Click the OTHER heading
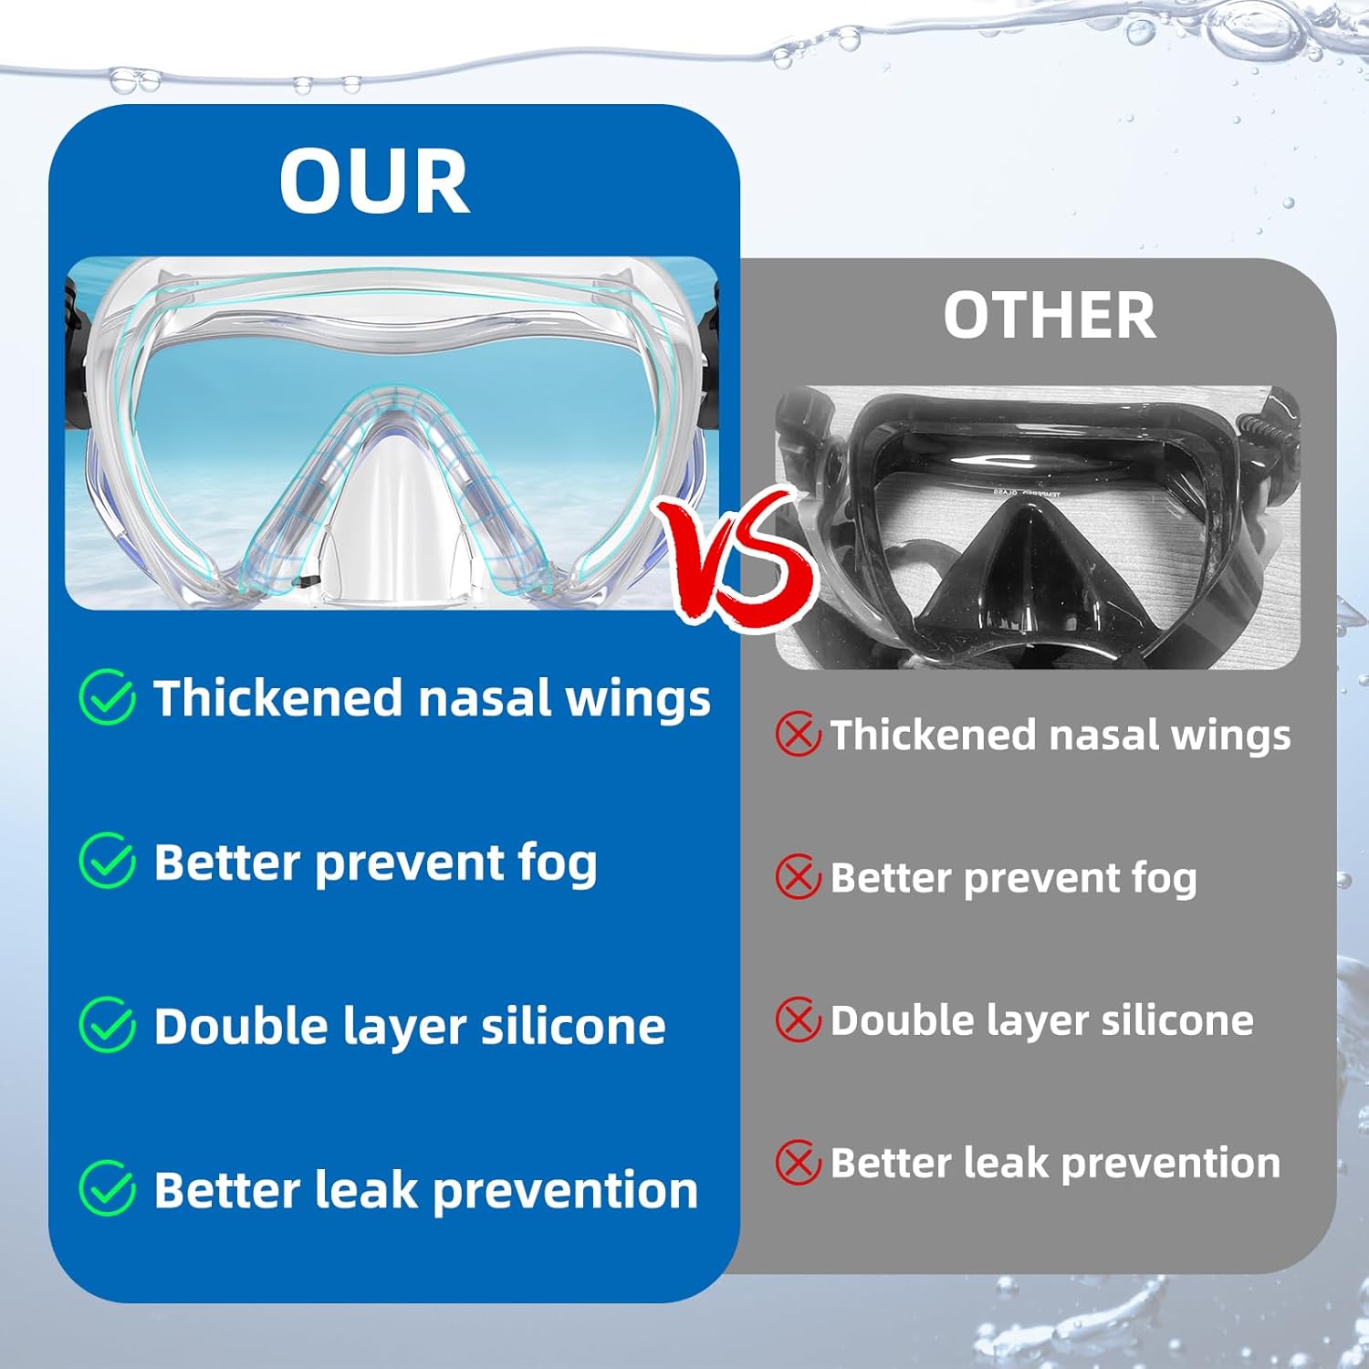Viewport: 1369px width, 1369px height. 1050,316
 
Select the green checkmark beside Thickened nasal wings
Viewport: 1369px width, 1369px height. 108,697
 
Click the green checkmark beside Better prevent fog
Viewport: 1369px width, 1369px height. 108,861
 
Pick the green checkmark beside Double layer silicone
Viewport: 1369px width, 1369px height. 108,1025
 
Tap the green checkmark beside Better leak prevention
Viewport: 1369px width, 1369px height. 108,1188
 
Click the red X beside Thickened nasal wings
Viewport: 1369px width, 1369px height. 798,735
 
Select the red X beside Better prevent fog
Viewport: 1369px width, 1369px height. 798,877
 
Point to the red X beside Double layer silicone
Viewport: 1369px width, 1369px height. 798,1019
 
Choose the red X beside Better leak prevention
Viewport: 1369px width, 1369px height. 798,1163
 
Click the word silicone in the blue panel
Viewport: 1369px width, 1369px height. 573,1026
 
